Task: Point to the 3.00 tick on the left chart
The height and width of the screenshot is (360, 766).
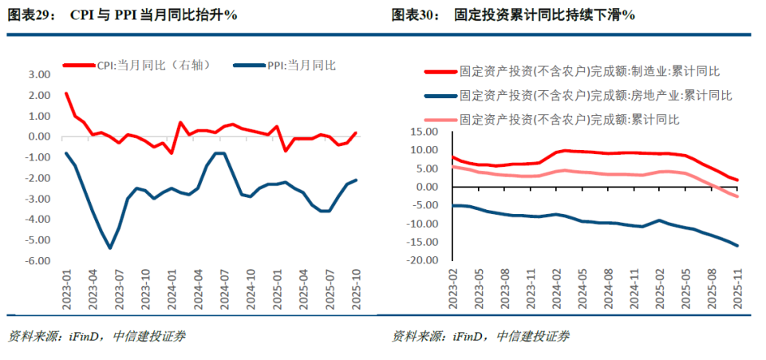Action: [x=39, y=74]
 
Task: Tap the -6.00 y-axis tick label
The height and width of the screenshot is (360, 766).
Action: [x=38, y=260]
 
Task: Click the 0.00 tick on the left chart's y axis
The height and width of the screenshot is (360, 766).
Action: [x=39, y=136]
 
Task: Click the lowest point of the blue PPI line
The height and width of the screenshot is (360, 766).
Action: [x=109, y=247]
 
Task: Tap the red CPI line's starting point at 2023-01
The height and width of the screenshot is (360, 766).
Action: [x=66, y=93]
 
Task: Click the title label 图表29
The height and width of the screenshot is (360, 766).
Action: [x=32, y=15]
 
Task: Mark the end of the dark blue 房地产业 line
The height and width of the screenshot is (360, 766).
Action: [x=737, y=245]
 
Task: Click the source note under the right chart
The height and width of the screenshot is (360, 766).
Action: [x=480, y=336]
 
